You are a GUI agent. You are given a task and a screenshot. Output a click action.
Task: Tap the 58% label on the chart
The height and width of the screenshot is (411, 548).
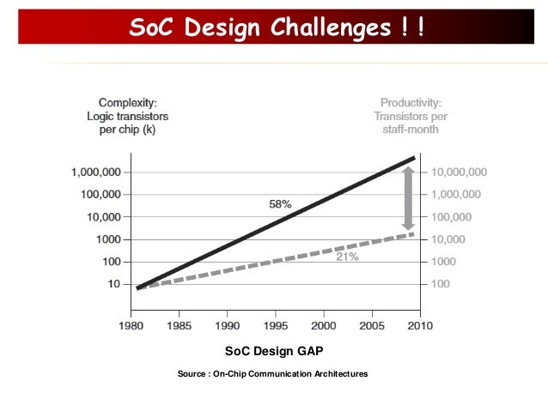[x=280, y=204]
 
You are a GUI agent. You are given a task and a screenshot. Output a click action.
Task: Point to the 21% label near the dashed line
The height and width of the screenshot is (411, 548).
[x=347, y=257]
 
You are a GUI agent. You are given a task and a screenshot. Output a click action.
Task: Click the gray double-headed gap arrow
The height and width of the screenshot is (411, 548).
[x=408, y=198]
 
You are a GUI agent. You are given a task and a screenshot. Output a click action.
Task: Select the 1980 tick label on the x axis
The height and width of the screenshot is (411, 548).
[x=131, y=327]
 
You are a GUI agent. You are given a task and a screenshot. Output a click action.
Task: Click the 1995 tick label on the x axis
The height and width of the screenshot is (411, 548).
[x=275, y=327]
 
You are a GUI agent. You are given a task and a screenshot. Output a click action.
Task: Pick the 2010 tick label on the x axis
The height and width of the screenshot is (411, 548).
[x=419, y=327]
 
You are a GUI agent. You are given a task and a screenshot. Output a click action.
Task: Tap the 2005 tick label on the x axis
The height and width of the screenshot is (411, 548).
[x=372, y=327]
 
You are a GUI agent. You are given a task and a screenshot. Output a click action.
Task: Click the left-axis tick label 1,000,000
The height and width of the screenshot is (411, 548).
[x=95, y=172]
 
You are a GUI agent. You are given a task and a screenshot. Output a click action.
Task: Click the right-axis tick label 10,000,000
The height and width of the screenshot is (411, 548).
[x=459, y=172]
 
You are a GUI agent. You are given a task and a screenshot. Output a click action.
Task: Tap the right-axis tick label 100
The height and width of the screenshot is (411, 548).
[x=441, y=283]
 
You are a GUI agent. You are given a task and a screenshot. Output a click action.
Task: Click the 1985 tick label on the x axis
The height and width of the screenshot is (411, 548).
[x=179, y=327]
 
